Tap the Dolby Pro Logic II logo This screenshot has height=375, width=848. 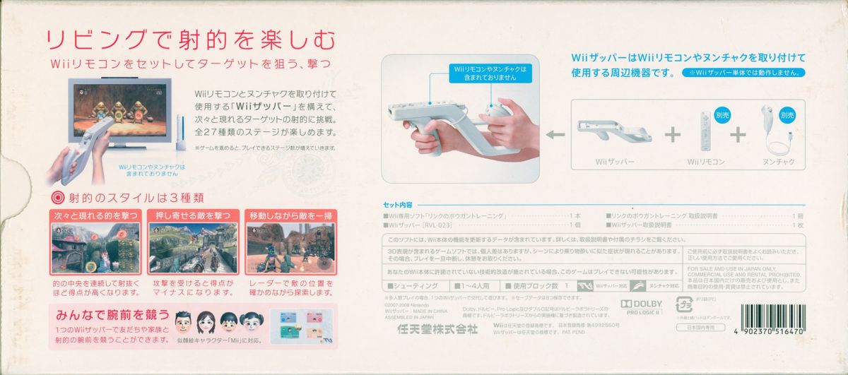point(640,307)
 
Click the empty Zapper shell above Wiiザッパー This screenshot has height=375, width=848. point(612,133)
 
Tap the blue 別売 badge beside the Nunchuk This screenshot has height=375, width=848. point(787,114)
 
